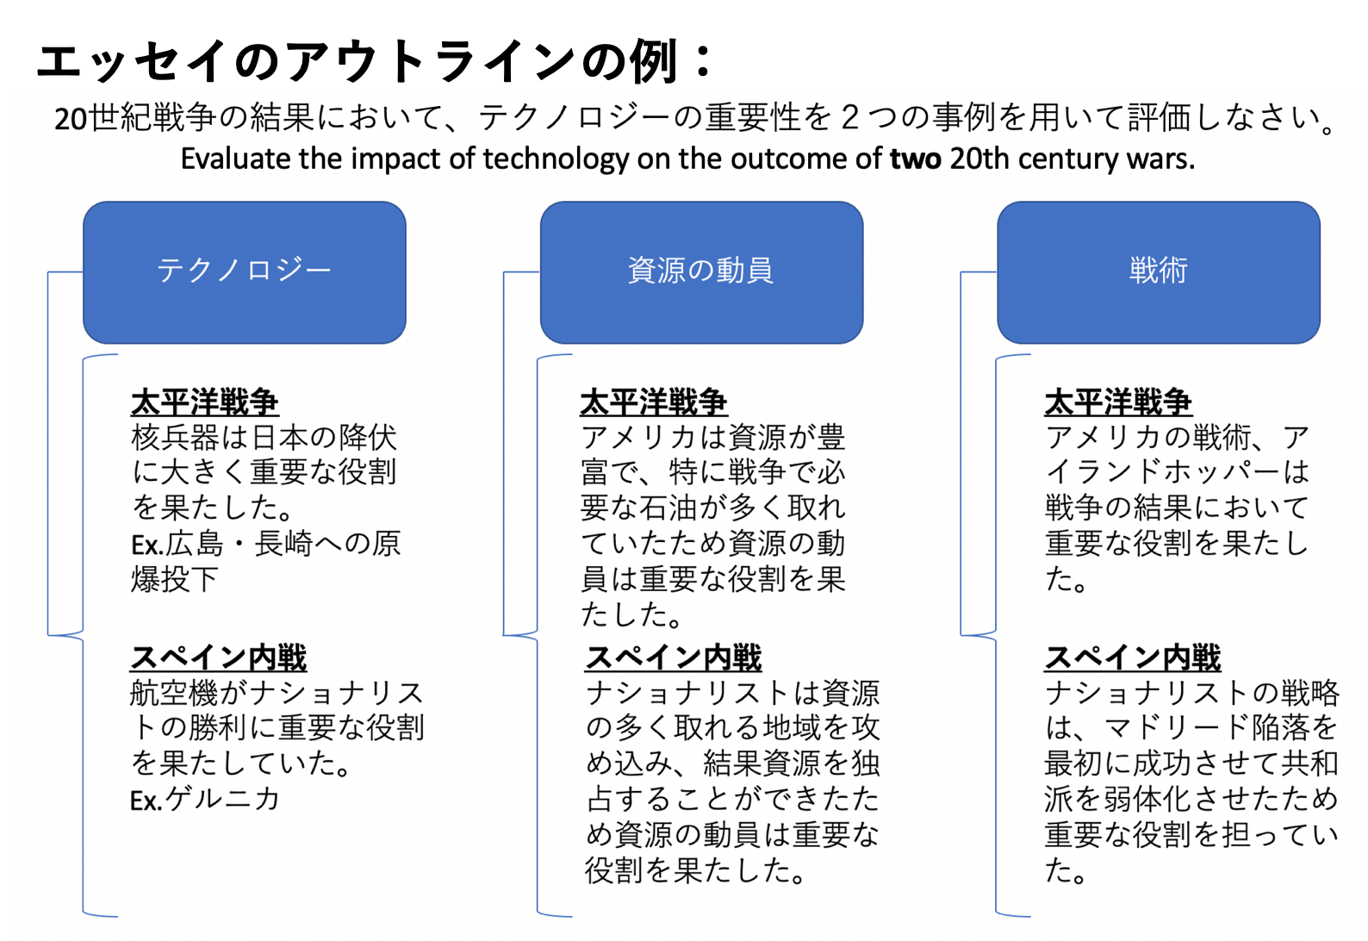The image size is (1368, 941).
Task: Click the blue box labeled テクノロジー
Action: [245, 272]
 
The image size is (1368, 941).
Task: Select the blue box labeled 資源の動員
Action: [702, 272]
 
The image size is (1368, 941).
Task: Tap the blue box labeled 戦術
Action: [1159, 272]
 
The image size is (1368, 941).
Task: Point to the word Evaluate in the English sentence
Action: [236, 159]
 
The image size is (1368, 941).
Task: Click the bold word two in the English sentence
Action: [916, 159]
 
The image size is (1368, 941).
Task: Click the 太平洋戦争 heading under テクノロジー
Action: [204, 402]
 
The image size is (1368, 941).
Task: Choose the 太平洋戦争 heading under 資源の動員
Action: [654, 402]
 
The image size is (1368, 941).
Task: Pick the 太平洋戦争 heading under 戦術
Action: [1118, 402]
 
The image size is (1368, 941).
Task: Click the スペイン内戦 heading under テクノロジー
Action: [219, 657]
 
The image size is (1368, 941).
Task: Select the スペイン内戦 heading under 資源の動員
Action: [674, 657]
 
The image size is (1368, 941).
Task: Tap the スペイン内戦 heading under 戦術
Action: [1133, 657]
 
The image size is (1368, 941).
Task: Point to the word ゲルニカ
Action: [222, 799]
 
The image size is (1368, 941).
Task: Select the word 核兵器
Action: [175, 438]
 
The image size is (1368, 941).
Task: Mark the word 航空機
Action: [174, 693]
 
